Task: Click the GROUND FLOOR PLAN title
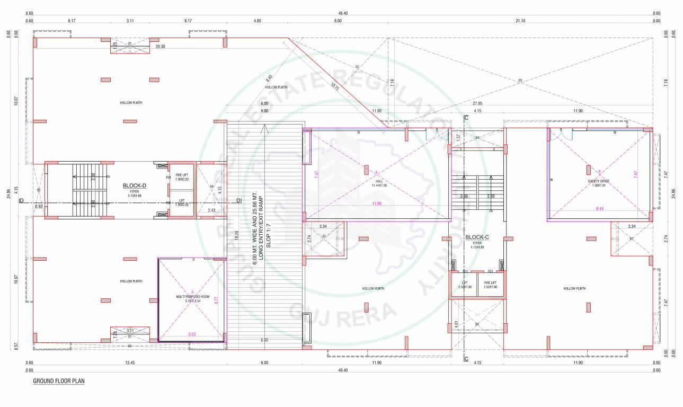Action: pos(58,381)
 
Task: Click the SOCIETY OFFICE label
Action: pos(598,181)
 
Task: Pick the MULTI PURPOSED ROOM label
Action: pos(193,297)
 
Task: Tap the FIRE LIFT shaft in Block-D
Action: pos(181,176)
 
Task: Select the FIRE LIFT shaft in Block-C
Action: pos(490,285)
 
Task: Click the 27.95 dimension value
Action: pos(477,103)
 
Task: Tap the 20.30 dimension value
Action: pos(160,47)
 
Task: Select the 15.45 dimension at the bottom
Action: pos(129,363)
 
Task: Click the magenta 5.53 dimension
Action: pos(192,334)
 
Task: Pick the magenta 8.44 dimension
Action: pos(599,209)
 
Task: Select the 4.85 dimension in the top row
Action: pos(257,21)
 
